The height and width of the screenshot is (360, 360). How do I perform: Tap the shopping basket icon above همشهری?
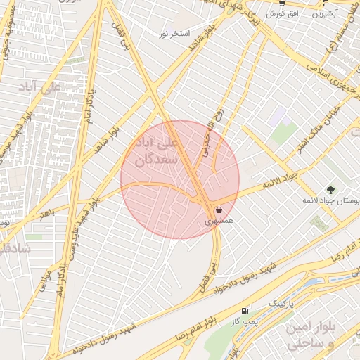(x=219, y=210)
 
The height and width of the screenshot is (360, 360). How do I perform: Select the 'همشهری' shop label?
(x=218, y=221)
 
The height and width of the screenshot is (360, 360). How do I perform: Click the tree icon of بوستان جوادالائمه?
(x=330, y=190)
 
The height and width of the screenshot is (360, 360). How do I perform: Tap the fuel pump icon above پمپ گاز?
(x=244, y=311)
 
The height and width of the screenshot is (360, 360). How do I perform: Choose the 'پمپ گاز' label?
(x=241, y=321)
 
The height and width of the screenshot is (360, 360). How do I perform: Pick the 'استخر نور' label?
(x=175, y=33)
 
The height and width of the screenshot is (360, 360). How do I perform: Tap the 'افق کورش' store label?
(x=284, y=14)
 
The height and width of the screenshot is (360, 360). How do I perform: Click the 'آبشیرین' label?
(x=325, y=13)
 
